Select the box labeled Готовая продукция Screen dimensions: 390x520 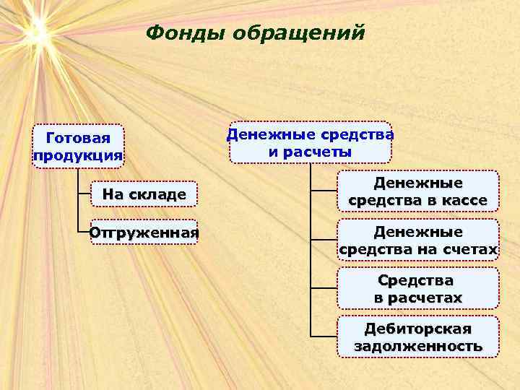point(78,147)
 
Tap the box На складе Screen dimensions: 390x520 point(144,194)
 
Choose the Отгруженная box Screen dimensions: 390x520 point(144,233)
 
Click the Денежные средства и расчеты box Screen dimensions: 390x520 point(310,142)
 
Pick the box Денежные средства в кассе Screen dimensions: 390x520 point(417,191)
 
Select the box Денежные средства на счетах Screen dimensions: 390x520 point(417,240)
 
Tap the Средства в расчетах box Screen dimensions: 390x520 point(417,288)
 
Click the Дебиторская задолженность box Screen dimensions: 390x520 point(417,337)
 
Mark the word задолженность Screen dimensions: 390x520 point(417,347)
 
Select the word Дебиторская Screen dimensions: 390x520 point(417,329)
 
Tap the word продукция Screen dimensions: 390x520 point(78,156)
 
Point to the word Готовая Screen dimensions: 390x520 point(78,138)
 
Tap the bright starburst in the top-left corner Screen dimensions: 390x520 point(35,30)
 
